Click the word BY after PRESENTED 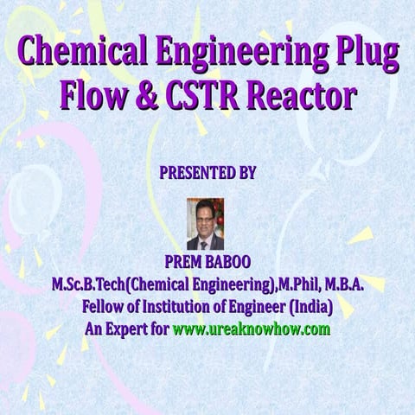click(x=246, y=173)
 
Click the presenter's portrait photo click(x=205, y=224)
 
